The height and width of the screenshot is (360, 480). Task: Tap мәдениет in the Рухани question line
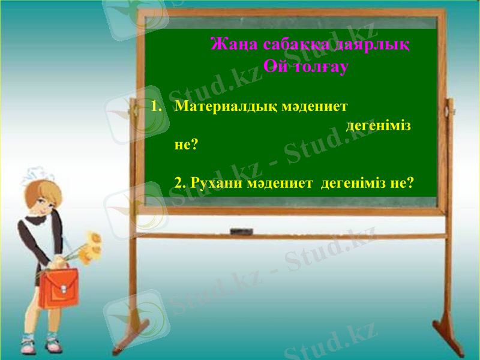[x=280, y=182]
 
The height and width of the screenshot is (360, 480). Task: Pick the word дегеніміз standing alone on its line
[x=379, y=127]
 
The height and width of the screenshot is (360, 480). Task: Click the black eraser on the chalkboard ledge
[x=242, y=231]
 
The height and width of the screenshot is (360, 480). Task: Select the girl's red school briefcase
[x=59, y=287]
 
